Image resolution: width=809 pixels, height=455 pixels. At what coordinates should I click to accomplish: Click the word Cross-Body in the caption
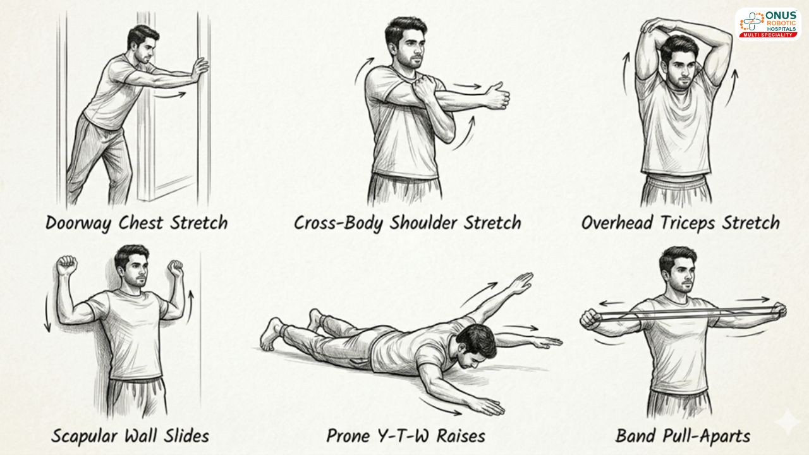[338, 223]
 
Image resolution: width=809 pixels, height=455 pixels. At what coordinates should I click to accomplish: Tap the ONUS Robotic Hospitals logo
[768, 25]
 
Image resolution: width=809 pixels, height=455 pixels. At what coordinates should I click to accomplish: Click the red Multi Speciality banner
[768, 35]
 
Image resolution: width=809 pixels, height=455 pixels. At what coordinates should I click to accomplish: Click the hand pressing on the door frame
[200, 69]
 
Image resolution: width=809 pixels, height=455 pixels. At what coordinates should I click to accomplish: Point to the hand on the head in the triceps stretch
[655, 25]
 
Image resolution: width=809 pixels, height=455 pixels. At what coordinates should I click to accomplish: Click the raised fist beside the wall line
[176, 269]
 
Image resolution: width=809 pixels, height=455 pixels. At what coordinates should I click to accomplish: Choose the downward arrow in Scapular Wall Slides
[47, 313]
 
